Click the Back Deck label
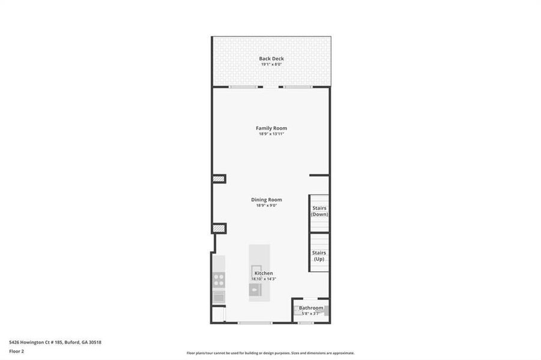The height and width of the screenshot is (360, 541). coord(271,58)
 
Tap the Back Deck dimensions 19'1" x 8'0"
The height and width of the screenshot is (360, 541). coord(271,64)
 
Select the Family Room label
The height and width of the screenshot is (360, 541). coord(271,128)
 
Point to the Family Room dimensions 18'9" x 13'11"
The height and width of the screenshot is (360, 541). coord(271,134)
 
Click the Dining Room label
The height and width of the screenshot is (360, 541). coord(267,200)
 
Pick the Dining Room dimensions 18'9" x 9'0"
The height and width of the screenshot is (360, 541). coord(267,206)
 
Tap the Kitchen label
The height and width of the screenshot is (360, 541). coord(264,273)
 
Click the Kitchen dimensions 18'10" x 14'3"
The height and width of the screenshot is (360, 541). coord(264,279)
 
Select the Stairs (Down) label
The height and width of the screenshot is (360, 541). coord(319,211)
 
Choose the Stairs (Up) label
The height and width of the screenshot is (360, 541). coord(319,256)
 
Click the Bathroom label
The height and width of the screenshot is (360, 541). coord(311,308)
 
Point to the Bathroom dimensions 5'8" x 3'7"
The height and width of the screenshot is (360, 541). coord(311,313)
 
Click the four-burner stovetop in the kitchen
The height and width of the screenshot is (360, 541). coord(219,280)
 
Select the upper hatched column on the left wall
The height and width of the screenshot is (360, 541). coord(219,179)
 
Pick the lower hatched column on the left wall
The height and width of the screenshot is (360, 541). coord(219,228)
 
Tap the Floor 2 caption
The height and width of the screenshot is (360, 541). coord(17,352)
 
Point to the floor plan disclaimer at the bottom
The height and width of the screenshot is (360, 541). coord(270,353)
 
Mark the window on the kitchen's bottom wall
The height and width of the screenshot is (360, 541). coord(246,323)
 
